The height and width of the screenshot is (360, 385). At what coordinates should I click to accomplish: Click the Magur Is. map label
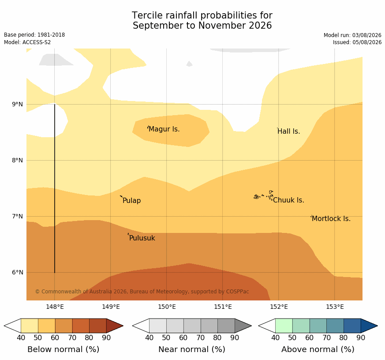pyautogui.click(x=164, y=129)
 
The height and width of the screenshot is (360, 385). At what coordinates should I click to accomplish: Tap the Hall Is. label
pyautogui.click(x=289, y=131)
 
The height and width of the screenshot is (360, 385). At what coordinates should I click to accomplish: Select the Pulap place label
pyautogui.click(x=131, y=201)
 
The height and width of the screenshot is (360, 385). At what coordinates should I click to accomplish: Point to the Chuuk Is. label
pyautogui.click(x=288, y=200)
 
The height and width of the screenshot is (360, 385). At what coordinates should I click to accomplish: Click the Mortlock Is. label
pyautogui.click(x=331, y=218)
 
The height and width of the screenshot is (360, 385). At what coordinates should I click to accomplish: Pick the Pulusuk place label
pyautogui.click(x=142, y=238)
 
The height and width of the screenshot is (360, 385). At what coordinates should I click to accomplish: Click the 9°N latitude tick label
pyautogui.click(x=18, y=105)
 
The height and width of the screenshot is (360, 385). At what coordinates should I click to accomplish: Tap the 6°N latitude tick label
pyautogui.click(x=18, y=272)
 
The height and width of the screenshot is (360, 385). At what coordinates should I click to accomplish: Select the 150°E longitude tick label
pyautogui.click(x=167, y=307)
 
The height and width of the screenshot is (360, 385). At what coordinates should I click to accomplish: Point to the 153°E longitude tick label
pyautogui.click(x=335, y=307)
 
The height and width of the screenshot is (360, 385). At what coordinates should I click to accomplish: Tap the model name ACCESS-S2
pyautogui.click(x=37, y=42)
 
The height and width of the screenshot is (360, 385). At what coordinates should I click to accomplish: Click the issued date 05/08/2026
pyautogui.click(x=367, y=42)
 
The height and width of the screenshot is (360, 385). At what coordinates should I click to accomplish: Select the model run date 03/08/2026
pyautogui.click(x=367, y=35)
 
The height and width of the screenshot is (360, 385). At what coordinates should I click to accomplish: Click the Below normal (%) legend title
pyautogui.click(x=64, y=349)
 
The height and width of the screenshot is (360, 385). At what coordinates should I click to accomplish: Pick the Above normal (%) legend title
pyautogui.click(x=318, y=349)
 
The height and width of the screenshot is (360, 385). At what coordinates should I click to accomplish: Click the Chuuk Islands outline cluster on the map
pyautogui.click(x=264, y=195)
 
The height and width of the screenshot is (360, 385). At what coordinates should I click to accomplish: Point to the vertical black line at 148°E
pyautogui.click(x=55, y=188)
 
